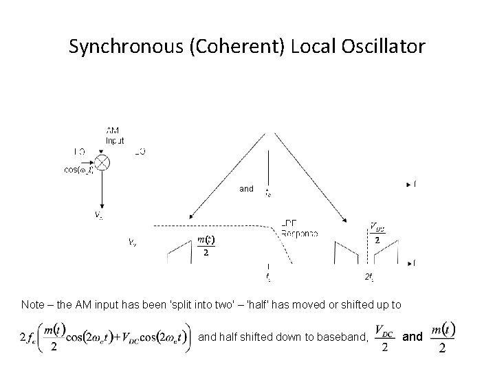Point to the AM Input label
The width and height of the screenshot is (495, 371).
pyautogui.click(x=114, y=135)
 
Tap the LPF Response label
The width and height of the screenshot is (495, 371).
pyautogui.click(x=299, y=228)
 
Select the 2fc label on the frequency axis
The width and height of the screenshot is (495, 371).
pyautogui.click(x=369, y=277)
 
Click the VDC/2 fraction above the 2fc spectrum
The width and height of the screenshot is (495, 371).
pyautogui.click(x=377, y=234)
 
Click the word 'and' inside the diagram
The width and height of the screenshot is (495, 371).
pyautogui.click(x=246, y=188)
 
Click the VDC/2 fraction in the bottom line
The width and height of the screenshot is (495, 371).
pyautogui.click(x=385, y=337)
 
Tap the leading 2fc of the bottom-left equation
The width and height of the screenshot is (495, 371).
pyautogui.click(x=30, y=338)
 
